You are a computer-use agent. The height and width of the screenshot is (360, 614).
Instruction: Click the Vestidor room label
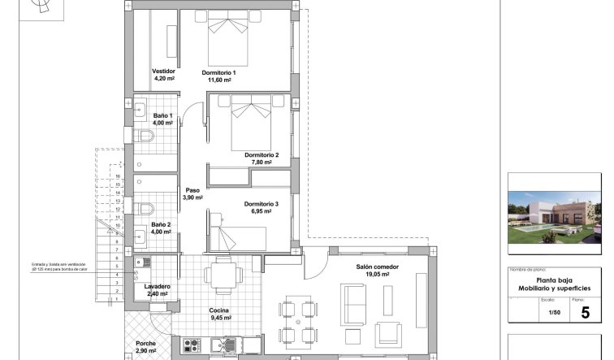164,72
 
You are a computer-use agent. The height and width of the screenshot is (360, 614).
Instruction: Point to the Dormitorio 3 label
261,203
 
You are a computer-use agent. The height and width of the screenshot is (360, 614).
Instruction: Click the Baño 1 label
163,115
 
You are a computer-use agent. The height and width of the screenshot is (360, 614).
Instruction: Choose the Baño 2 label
162,224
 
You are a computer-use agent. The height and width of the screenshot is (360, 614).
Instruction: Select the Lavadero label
158,287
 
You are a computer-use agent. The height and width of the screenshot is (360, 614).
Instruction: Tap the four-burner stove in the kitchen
192,346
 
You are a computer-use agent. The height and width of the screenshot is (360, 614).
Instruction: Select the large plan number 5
586,313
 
